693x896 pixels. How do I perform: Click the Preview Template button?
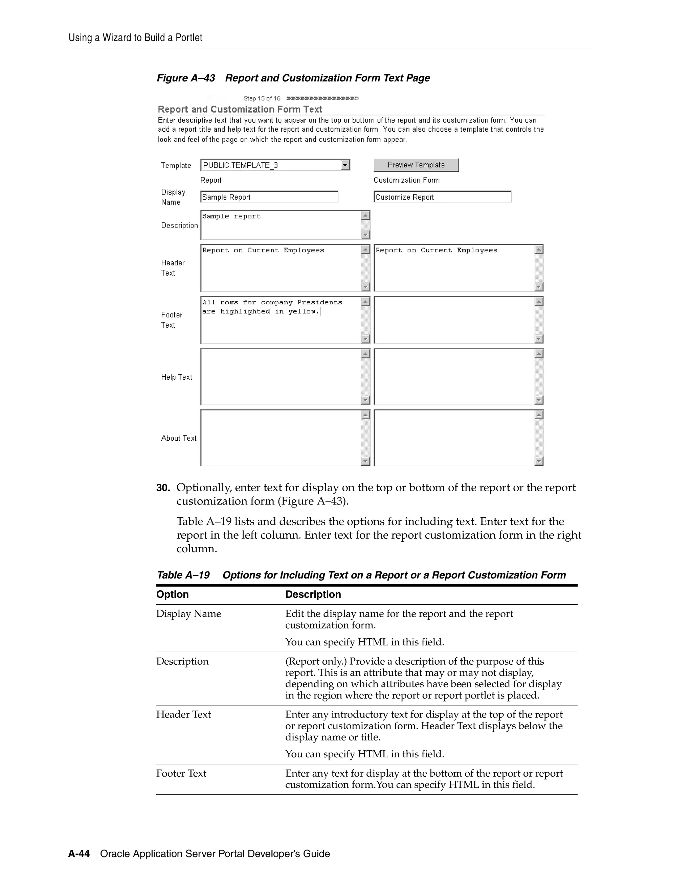tap(416, 165)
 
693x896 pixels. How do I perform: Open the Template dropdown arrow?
tap(345, 165)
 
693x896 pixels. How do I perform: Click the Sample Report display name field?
tap(269, 197)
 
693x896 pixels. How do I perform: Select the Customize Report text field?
tap(442, 197)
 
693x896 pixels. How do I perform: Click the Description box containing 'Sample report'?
tap(281, 225)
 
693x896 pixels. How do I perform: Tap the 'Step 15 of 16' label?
tap(262, 98)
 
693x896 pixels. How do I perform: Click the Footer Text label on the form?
tap(172, 320)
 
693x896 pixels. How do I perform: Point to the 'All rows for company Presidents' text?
tap(272, 302)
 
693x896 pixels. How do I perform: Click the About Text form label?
tap(179, 438)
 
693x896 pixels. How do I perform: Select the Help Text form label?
tap(177, 377)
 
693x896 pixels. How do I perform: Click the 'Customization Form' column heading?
tap(406, 180)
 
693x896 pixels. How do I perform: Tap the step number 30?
tap(163, 488)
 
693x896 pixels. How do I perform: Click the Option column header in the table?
tap(173, 594)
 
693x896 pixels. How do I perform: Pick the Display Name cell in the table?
tap(188, 614)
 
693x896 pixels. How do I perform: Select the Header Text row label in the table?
tap(183, 714)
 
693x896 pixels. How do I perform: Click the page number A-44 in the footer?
tap(79, 854)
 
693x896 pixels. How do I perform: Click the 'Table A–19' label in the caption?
tap(183, 575)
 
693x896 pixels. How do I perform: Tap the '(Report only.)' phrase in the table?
tap(316, 661)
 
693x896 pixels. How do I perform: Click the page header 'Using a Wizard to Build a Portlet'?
tap(135, 38)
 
